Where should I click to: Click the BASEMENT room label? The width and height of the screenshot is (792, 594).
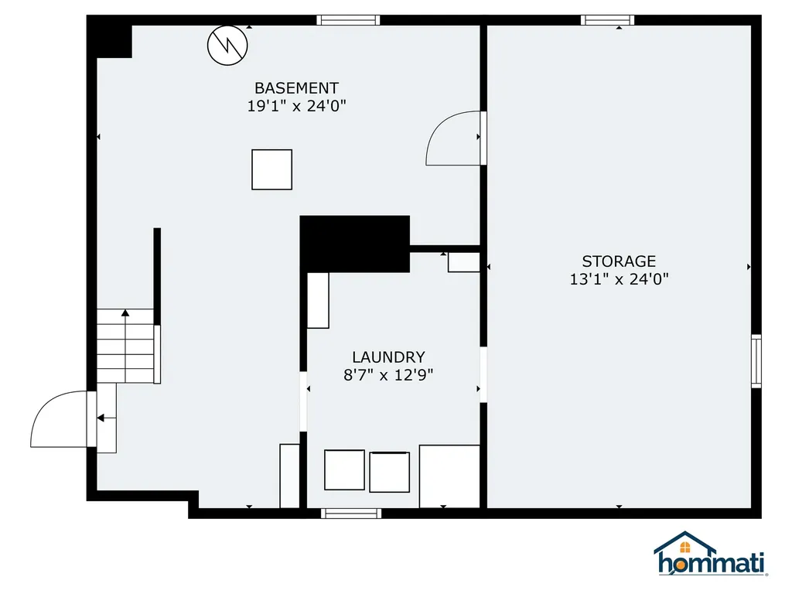tap(296, 88)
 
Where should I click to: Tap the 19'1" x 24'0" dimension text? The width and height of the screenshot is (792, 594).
tap(296, 106)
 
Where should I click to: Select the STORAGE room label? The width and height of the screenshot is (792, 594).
tap(619, 261)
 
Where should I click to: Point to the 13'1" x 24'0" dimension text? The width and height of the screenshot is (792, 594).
tap(619, 279)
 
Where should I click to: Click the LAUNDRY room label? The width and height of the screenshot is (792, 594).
tap(388, 357)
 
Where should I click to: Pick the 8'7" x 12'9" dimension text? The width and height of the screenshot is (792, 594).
tap(388, 375)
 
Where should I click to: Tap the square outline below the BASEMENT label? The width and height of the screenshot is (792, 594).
tap(271, 169)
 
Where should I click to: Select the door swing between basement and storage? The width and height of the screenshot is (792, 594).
tap(454, 139)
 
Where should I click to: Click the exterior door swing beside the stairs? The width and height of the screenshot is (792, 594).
tap(60, 419)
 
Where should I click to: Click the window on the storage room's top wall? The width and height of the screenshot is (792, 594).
tap(607, 20)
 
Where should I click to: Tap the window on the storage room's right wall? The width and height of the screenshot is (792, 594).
tap(756, 360)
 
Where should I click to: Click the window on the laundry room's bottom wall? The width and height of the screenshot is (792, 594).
tap(351, 513)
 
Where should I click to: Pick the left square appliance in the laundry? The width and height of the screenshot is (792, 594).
tap(344, 469)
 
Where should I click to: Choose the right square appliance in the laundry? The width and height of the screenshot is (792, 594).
tap(389, 472)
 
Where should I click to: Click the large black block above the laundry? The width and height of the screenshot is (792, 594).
tap(354, 243)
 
